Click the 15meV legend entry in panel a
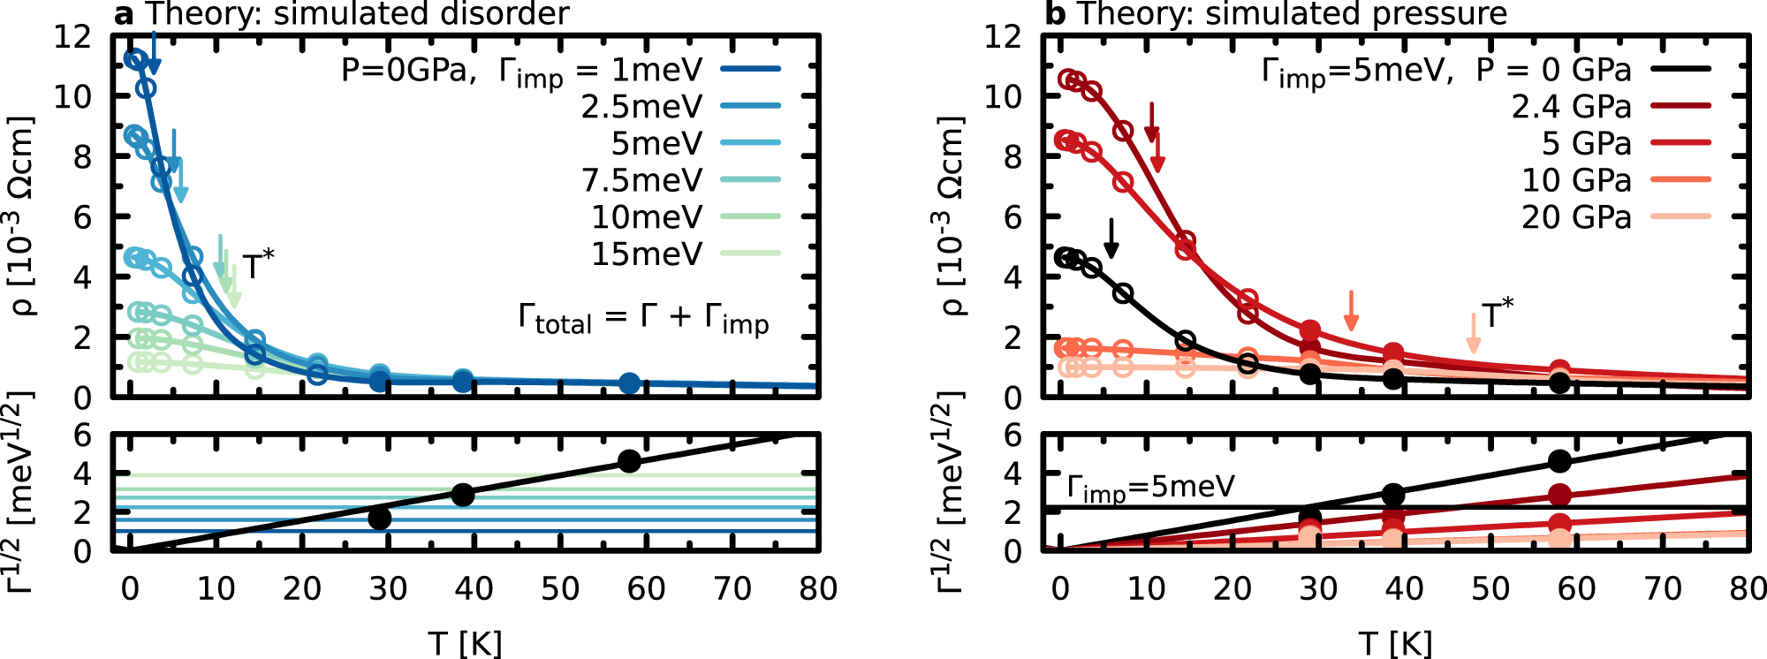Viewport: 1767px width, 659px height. coord(647,254)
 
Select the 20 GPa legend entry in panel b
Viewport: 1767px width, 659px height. coord(1576,217)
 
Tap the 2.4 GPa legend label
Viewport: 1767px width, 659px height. coord(1571,107)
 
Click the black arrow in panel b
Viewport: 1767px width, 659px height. coord(1111,238)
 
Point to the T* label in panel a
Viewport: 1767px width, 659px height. coord(258,265)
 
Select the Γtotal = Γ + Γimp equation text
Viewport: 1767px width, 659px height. coord(643,318)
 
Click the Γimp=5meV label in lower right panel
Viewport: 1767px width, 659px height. coord(1150,489)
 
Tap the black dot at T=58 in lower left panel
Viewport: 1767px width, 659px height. coord(629,461)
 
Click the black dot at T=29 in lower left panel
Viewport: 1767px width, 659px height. coord(380,518)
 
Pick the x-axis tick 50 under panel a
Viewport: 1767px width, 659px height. coord(560,589)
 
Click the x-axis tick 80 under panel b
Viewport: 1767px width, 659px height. coord(1746,589)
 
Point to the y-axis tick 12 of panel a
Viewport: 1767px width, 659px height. coord(72,37)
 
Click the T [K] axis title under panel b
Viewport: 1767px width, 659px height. coord(1395,643)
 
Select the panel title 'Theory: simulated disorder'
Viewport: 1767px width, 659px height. coord(357,14)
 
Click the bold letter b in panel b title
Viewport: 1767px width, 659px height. coord(1054,14)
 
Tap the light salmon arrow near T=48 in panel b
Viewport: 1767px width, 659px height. coord(1473,333)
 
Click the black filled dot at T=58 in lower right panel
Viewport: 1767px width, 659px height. coord(1559,461)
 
